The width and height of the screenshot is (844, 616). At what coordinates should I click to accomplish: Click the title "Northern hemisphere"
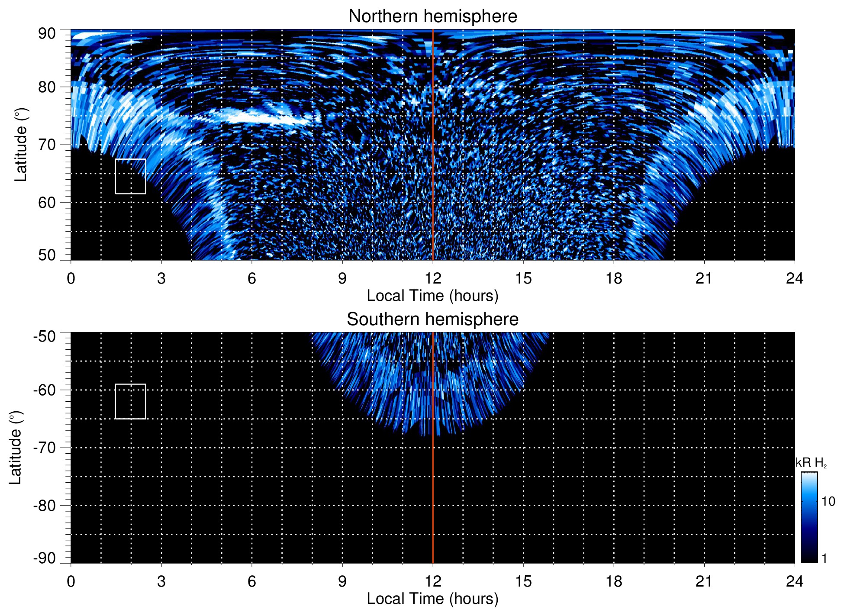432,16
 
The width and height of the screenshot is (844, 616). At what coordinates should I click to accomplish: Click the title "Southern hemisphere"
432,319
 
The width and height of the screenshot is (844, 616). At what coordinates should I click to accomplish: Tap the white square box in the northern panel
130,177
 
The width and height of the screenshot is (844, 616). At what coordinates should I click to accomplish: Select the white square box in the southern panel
130,401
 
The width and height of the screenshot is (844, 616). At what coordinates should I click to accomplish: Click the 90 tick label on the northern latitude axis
47,34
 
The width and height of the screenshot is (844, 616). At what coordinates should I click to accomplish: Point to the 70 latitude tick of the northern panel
47,145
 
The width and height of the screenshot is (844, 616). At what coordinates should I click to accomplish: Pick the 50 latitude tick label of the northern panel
47,255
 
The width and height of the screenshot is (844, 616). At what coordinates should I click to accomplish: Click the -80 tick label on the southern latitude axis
45,505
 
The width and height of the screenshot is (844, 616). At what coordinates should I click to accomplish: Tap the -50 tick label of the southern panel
45,336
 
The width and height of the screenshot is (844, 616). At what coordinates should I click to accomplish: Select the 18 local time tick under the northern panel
613,278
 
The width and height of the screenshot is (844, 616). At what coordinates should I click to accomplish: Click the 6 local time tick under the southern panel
251,581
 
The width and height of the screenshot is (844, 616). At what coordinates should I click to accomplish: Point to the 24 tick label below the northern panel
794,278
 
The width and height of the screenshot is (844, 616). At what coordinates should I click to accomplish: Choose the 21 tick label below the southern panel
704,581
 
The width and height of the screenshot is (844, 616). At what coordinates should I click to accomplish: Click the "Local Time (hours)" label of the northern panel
432,296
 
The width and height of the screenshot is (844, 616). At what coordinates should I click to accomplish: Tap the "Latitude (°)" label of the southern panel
16,448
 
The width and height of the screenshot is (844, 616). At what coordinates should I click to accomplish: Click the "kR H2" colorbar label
811,463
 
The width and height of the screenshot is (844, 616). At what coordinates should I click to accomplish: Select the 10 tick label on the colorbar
828,502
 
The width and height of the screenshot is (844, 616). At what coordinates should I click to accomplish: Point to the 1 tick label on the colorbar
824,558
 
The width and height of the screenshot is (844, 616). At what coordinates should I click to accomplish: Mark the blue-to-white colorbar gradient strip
809,517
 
